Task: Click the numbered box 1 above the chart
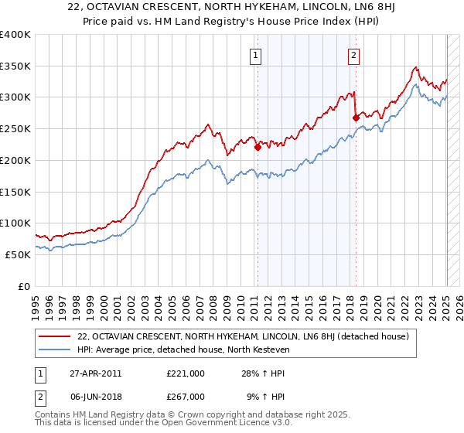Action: (x=255, y=55)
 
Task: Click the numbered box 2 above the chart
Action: (x=353, y=55)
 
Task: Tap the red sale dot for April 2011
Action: (x=258, y=147)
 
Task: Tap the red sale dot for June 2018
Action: (x=356, y=118)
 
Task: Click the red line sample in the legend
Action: (x=55, y=336)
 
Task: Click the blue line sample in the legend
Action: (x=55, y=349)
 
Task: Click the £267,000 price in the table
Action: (x=186, y=396)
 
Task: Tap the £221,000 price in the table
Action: (x=186, y=373)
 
